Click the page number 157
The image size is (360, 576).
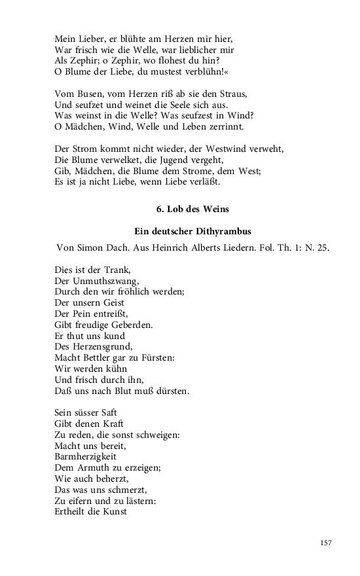[x=327, y=543]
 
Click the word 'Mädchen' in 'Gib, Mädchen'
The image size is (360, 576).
[x=94, y=171]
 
